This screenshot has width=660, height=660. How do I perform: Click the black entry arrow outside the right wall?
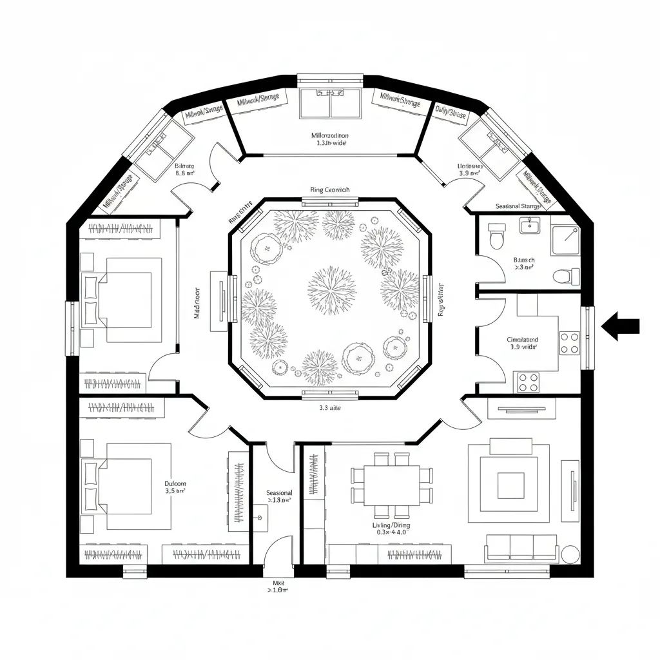(x=620, y=326)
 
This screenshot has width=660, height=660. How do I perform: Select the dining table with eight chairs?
(x=391, y=485)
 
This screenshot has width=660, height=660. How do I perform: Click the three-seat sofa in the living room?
(x=521, y=547)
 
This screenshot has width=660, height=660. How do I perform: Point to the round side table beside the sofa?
(x=571, y=554)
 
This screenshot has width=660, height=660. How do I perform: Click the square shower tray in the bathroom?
(x=565, y=239)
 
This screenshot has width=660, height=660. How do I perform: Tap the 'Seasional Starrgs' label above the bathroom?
(x=523, y=206)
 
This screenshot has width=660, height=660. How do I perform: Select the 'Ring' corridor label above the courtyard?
(x=329, y=190)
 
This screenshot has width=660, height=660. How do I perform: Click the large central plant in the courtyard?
(x=332, y=289)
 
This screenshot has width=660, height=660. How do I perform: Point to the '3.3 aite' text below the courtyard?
(x=330, y=407)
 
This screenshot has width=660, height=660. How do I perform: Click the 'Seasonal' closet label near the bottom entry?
(x=279, y=492)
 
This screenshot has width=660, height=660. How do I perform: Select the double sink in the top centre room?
(x=330, y=103)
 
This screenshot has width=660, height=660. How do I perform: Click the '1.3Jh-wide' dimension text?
(x=331, y=144)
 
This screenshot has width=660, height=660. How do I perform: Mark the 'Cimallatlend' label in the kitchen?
(x=523, y=339)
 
